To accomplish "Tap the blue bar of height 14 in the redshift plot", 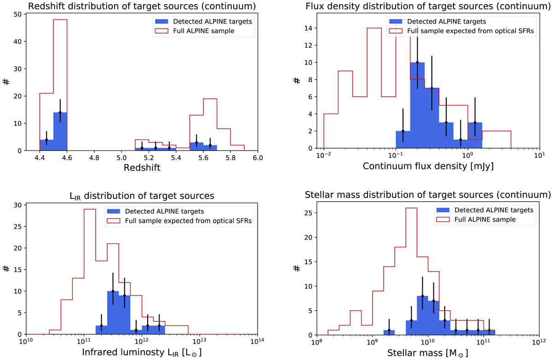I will (x=60, y=132).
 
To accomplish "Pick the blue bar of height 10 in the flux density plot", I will (x=417, y=106).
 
